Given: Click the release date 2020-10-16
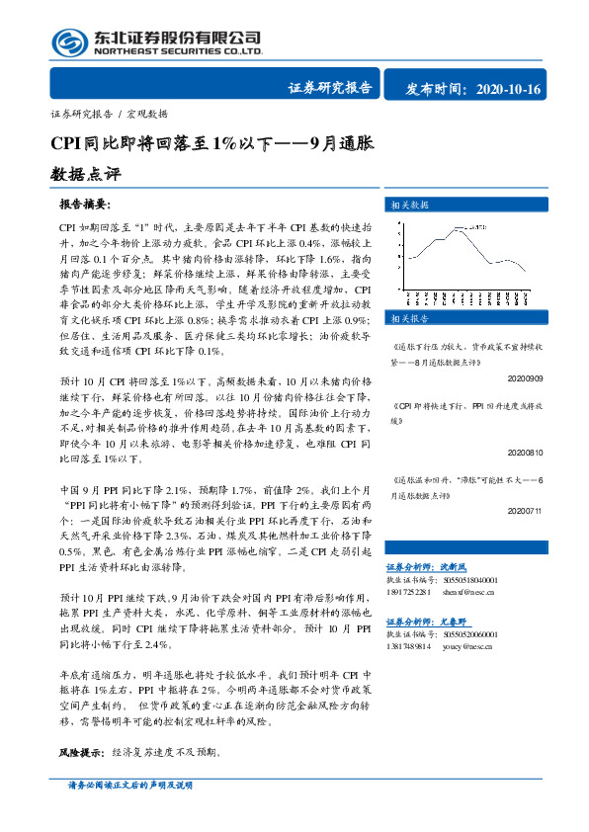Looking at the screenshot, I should coord(508,90).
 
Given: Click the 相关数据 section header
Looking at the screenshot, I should coord(409,205).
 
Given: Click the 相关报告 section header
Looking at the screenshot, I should coord(409,319).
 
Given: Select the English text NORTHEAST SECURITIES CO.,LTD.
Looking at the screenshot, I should coord(178,50).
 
